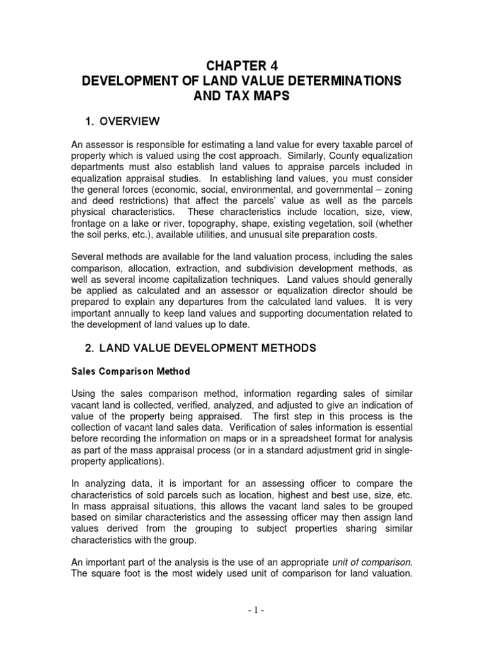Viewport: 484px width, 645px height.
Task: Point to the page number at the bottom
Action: [x=241, y=629]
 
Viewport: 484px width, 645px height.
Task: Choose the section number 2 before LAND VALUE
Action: [x=89, y=348]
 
